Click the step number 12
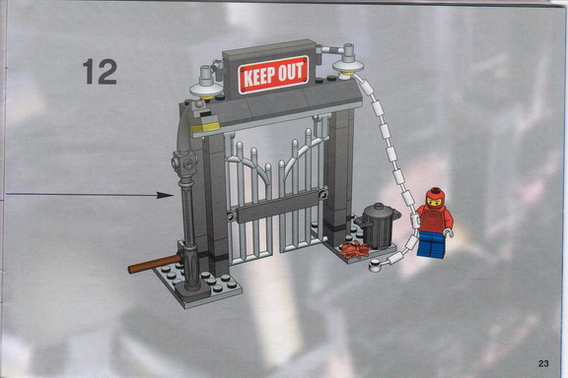point(100,72)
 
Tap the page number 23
point(543,363)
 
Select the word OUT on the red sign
point(290,72)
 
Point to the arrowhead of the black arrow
point(166,195)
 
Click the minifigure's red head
point(436,198)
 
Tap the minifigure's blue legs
point(432,244)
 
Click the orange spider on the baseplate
point(354,250)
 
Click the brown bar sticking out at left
point(155,264)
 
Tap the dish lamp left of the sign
point(206,86)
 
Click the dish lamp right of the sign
point(348,61)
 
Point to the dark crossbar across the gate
point(277,207)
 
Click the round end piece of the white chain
point(376,266)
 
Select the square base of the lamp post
point(191,290)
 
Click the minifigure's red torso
point(435,219)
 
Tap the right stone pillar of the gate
point(337,173)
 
